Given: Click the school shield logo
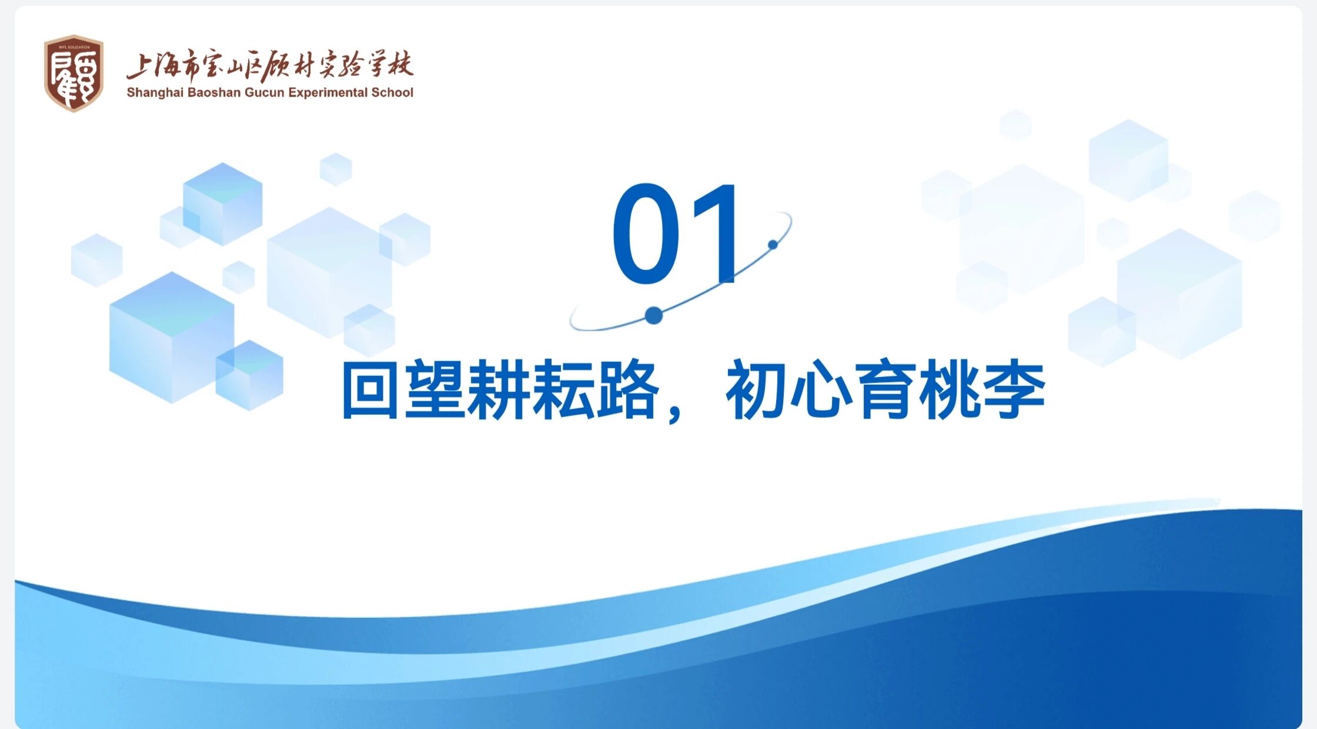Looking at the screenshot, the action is [73, 73].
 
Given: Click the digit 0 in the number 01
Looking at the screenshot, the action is [646, 234].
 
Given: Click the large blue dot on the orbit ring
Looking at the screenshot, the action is [654, 316].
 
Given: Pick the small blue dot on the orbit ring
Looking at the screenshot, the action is [773, 244].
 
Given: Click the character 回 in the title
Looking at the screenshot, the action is [370, 390].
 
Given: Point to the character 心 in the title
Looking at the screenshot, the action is [821, 390].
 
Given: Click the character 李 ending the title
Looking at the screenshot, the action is [1015, 390].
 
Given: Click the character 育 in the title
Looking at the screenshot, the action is [885, 390].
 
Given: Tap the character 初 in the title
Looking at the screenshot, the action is [757, 390].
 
